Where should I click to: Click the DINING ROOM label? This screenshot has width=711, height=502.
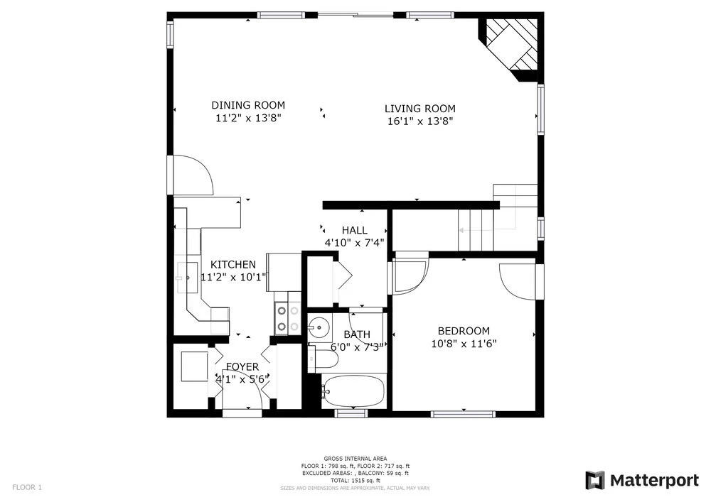coord(248,106)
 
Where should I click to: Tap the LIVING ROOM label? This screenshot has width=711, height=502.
coord(420,109)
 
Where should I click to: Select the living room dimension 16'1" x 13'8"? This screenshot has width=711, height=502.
coord(420,121)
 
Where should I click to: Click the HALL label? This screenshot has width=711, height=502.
coord(355,230)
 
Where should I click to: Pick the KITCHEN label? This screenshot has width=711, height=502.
coord(233,264)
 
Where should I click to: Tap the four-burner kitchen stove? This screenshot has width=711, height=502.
coord(287,318)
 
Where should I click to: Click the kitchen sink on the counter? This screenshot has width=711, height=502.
coord(187,277)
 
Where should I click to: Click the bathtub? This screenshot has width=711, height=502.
coord(353,391)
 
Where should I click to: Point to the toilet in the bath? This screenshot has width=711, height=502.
coord(323,359)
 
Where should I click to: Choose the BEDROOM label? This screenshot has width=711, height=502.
coord(464,331)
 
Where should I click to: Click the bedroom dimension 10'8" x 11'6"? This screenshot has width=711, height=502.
coord(464,344)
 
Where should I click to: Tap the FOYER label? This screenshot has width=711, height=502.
coord(242,367)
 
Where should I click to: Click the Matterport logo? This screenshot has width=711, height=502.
coord(642,480)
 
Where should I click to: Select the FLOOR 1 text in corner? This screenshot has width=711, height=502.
coord(27,488)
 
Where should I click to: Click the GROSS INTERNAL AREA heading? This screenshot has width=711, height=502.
coord(355,459)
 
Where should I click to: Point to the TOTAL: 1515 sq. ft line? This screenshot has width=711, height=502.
coord(355,481)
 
